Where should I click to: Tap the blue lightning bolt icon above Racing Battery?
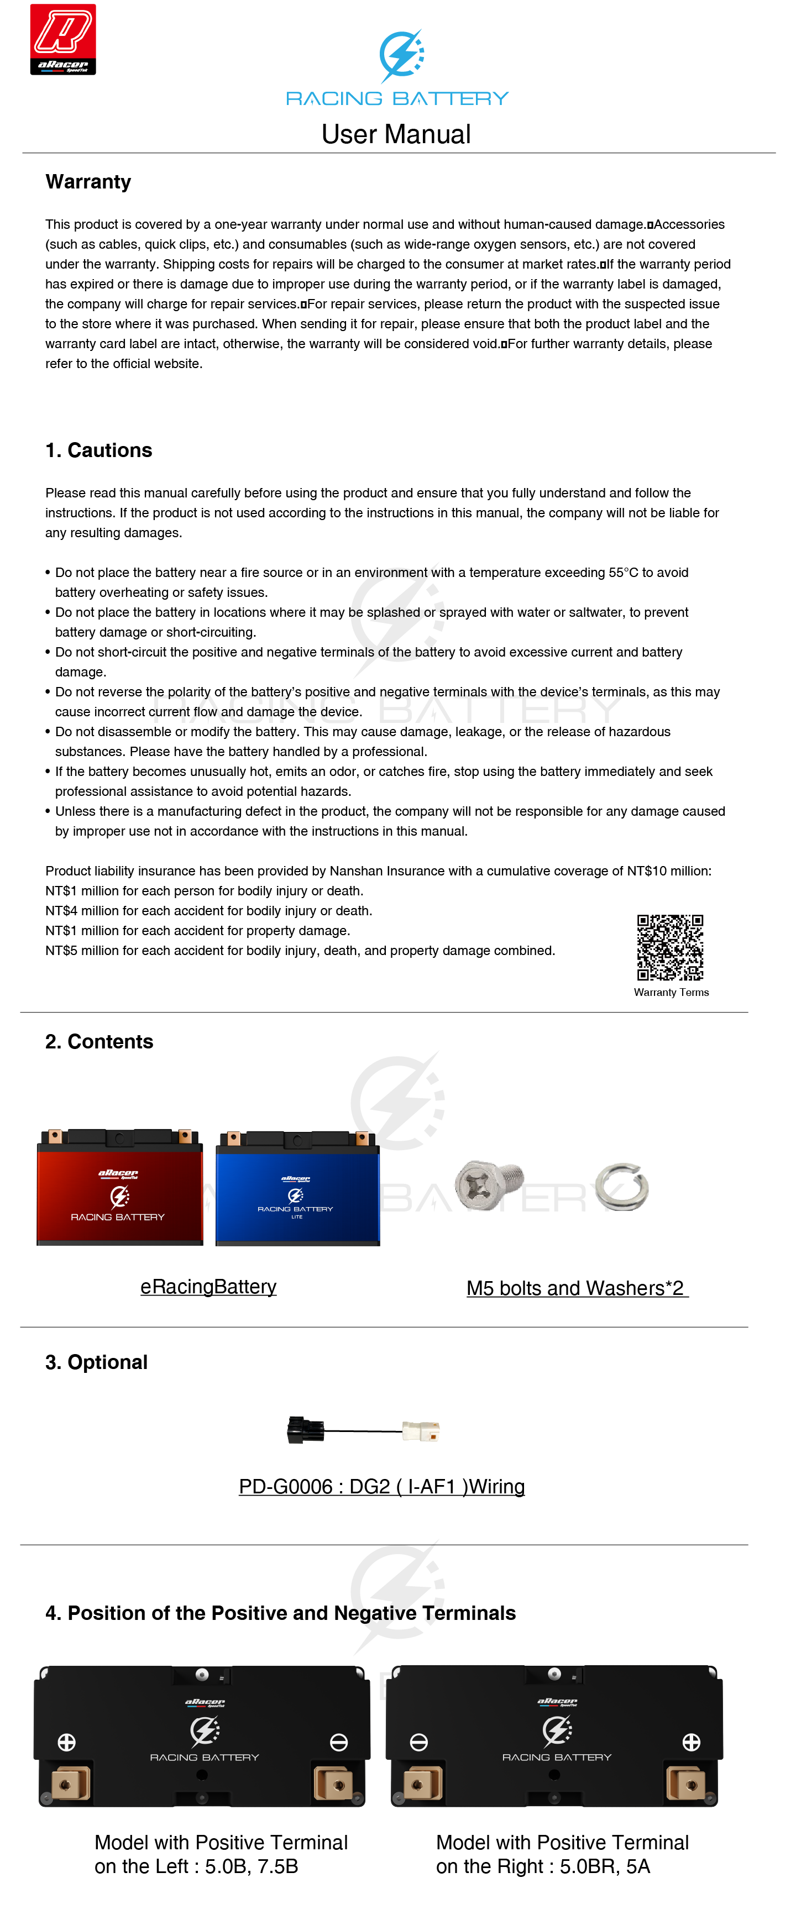pos(401,55)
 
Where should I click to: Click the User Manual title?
pos(396,134)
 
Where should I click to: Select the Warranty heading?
pos(88,182)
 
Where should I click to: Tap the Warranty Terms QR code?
pos(669,947)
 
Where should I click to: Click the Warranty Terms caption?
pos(671,993)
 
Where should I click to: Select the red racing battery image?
pos(119,1187)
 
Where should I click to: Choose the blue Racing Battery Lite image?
pos(297,1189)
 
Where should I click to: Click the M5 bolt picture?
pos(489,1184)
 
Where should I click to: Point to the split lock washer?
pos(622,1187)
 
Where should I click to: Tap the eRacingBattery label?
pos(208,1287)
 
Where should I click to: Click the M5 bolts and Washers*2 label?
pos(576,1288)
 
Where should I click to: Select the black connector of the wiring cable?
pos(306,1430)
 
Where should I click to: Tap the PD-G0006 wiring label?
pos(381,1486)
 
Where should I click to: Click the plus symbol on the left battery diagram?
pos(66,1743)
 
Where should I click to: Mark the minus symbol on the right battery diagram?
pos(418,1743)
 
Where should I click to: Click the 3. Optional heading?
pos(96,1362)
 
